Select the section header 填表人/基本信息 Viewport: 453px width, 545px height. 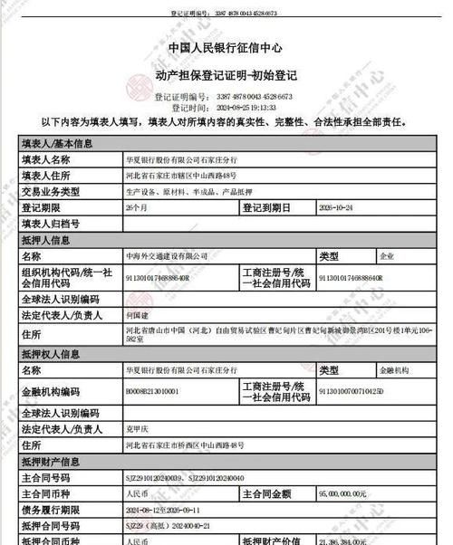pyautogui.click(x=57, y=143)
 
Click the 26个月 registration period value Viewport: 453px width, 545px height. pyautogui.click(x=136, y=207)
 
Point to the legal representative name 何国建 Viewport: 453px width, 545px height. pyautogui.click(x=136, y=316)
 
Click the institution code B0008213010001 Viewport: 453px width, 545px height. pyautogui.click(x=152, y=391)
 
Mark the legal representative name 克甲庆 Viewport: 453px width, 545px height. pyautogui.click(x=136, y=429)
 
